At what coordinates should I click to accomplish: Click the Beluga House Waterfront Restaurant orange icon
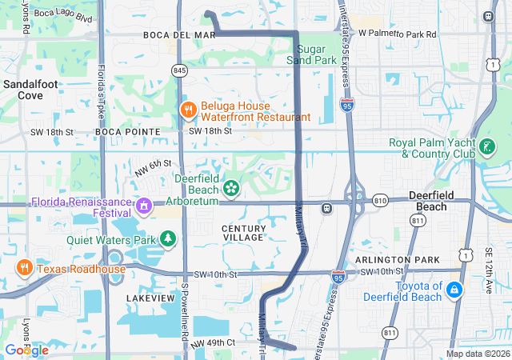click(x=188, y=110)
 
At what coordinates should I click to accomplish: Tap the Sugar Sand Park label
click(x=311, y=54)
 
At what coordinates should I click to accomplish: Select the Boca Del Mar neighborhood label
click(x=180, y=35)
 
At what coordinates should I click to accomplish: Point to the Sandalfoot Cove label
click(x=23, y=89)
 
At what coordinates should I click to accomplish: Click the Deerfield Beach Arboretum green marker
click(x=231, y=188)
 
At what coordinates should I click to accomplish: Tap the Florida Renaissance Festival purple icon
click(x=144, y=207)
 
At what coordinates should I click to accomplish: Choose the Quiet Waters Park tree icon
click(x=168, y=238)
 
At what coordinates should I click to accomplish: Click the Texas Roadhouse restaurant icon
click(x=25, y=268)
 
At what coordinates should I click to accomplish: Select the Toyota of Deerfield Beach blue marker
click(x=454, y=289)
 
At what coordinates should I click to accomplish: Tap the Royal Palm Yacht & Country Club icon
click(x=486, y=147)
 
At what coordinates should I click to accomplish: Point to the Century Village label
click(x=243, y=233)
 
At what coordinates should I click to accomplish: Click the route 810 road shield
click(x=379, y=199)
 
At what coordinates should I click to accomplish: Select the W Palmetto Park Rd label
click(x=398, y=34)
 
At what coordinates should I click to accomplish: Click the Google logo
click(x=26, y=350)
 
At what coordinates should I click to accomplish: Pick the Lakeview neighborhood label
click(x=150, y=298)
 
